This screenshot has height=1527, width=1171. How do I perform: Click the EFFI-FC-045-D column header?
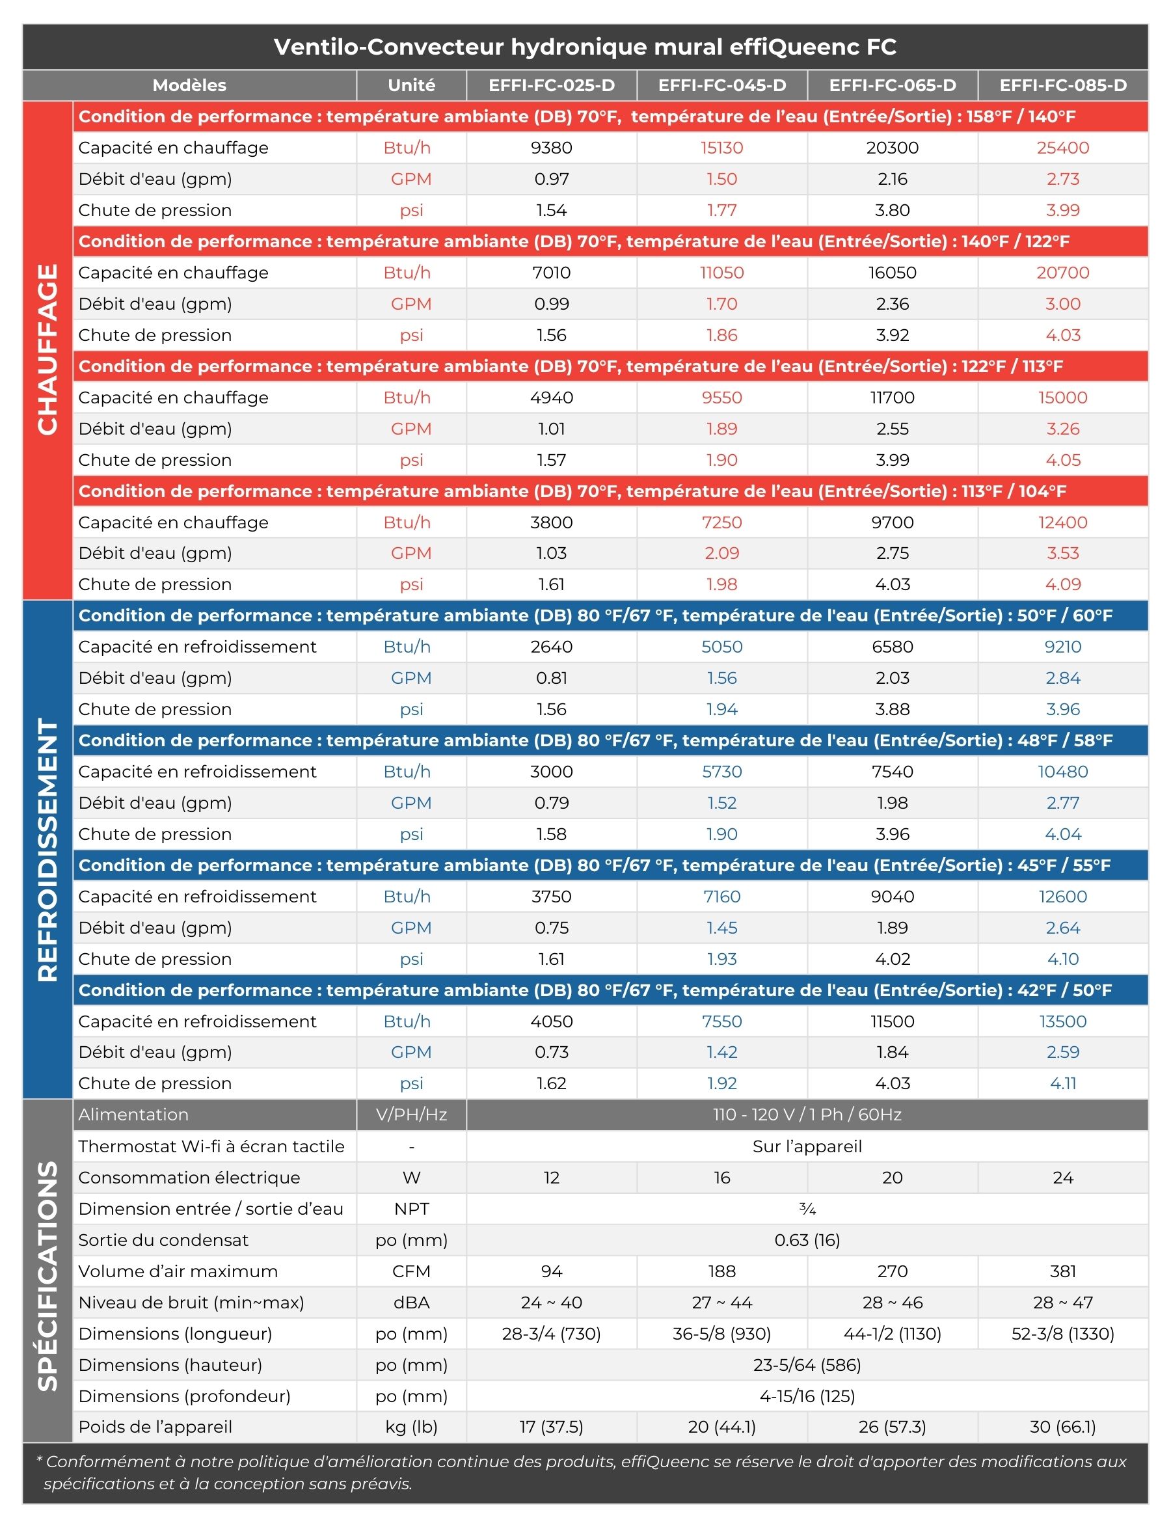[x=722, y=85]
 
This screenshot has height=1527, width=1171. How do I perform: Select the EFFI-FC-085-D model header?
[x=1062, y=85]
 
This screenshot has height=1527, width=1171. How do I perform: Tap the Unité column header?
[x=411, y=85]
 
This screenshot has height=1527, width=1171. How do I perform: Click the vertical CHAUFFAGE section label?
[x=47, y=349]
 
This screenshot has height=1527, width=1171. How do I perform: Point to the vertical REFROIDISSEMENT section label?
[x=47, y=850]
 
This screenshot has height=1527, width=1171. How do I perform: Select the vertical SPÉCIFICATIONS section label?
[x=47, y=1275]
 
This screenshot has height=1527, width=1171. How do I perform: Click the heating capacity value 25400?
[x=1062, y=148]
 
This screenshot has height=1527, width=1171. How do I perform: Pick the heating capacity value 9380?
[x=552, y=148]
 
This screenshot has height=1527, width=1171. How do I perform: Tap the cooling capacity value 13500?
[x=1062, y=1021]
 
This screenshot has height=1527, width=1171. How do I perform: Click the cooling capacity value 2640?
[x=552, y=647]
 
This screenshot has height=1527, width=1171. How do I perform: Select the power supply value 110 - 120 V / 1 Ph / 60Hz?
[x=807, y=1115]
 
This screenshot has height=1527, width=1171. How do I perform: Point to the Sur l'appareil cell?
[x=807, y=1146]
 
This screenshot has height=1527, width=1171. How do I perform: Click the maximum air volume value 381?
[x=1062, y=1271]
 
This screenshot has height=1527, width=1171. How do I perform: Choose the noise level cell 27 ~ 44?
[x=722, y=1303]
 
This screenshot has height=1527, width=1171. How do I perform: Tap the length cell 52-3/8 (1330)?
[x=1062, y=1334]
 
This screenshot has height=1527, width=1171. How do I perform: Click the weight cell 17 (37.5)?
[x=552, y=1427]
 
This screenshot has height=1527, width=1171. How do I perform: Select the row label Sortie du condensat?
[x=163, y=1240]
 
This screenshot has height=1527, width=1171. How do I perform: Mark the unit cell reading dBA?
[x=411, y=1303]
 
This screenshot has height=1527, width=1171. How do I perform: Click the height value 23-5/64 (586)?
[x=807, y=1364]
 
